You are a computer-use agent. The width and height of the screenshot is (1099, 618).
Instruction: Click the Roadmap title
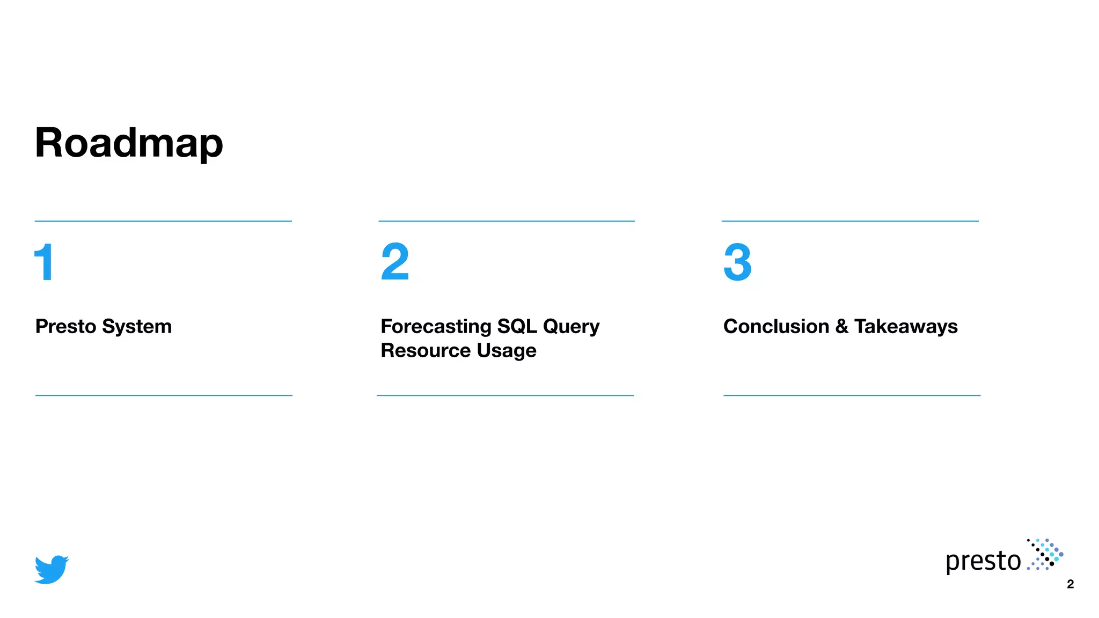coord(129,143)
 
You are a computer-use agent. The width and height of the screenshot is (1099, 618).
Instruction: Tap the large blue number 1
coord(44,262)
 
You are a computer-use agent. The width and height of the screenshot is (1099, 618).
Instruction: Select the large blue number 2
coord(395,262)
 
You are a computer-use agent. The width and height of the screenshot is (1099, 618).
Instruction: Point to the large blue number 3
coord(737,262)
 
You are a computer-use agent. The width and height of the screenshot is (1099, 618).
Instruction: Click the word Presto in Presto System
coord(65,326)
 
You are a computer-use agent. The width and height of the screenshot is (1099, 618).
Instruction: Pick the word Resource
coord(426,350)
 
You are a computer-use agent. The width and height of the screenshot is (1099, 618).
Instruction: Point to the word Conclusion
coord(776,326)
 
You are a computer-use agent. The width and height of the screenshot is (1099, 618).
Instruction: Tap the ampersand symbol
coord(841,326)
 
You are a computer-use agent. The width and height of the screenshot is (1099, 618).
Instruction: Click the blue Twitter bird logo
coord(52,569)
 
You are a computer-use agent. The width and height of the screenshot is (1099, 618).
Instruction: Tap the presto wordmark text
coord(983,561)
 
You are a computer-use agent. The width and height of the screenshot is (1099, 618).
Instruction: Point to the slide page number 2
coord(1070,584)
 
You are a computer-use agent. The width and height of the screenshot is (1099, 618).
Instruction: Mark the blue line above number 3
coord(850,221)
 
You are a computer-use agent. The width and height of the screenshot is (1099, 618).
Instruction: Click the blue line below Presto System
coord(164,395)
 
